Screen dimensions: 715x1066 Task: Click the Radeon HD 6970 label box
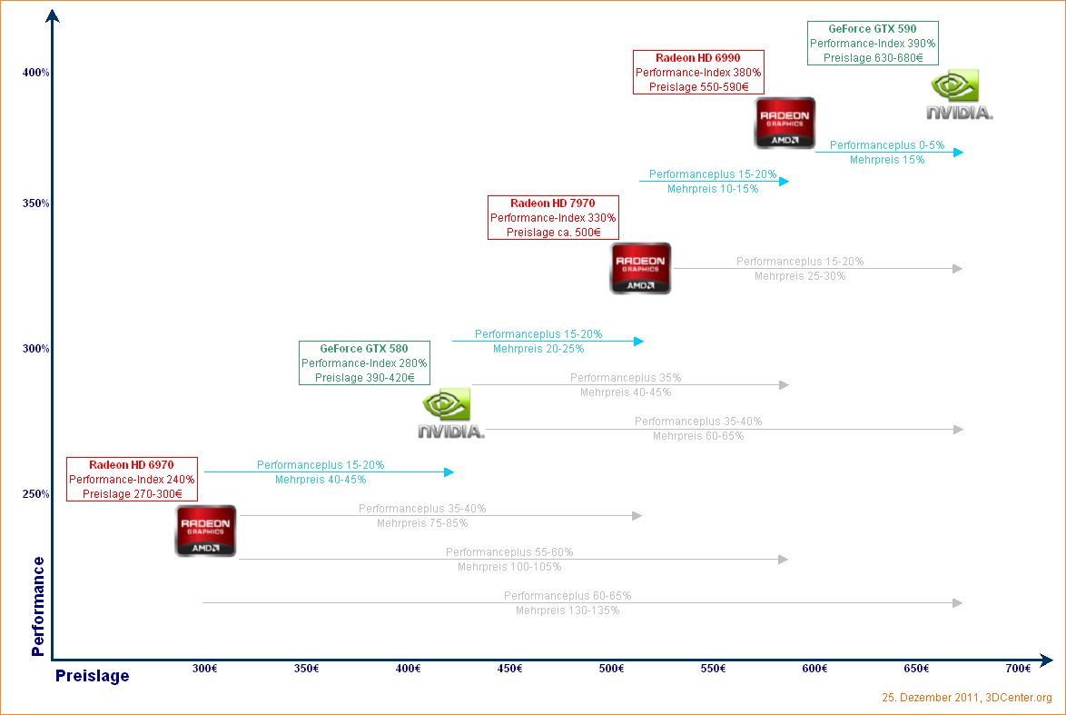(x=132, y=479)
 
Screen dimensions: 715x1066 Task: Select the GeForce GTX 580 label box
(x=364, y=362)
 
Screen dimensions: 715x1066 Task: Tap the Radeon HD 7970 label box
(x=553, y=217)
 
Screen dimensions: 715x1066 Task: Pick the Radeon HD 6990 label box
(x=698, y=72)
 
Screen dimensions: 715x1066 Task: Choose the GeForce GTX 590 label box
(x=873, y=43)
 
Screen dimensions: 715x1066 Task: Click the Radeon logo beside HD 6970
(x=205, y=531)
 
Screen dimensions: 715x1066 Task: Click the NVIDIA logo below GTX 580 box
(x=451, y=414)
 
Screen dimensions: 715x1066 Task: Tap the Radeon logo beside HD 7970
(x=640, y=268)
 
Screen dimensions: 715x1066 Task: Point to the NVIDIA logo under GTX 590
(x=959, y=94)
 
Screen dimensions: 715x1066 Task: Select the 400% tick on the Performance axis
(x=36, y=73)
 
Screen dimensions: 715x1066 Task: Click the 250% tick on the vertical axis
(x=36, y=494)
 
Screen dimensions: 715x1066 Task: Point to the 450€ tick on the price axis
(x=510, y=669)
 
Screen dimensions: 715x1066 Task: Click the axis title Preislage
(x=93, y=676)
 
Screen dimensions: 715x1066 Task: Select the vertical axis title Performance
(x=38, y=606)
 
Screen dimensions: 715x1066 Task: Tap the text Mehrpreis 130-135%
(x=568, y=611)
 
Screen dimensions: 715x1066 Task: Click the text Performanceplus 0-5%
(x=887, y=145)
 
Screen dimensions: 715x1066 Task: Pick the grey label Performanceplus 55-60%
(x=509, y=552)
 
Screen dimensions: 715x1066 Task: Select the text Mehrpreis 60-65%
(x=698, y=436)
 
